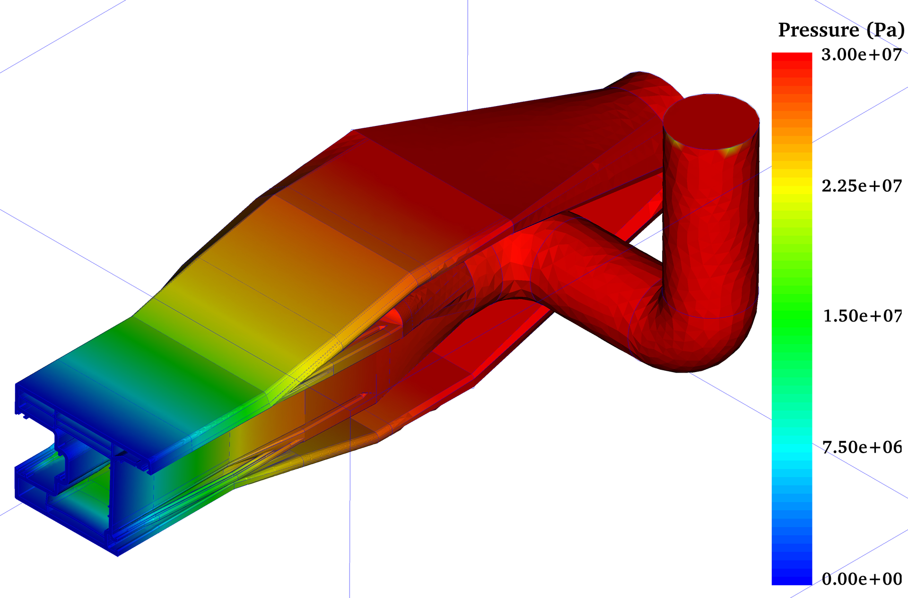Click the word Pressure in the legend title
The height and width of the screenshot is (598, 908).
[819, 30]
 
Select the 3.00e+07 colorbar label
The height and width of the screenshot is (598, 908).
[862, 55]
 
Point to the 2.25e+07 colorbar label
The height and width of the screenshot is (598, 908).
[862, 186]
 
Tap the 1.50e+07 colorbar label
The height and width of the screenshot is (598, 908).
[863, 316]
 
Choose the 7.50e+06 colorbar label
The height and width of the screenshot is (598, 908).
[862, 447]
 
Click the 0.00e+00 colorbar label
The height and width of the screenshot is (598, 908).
[862, 579]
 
